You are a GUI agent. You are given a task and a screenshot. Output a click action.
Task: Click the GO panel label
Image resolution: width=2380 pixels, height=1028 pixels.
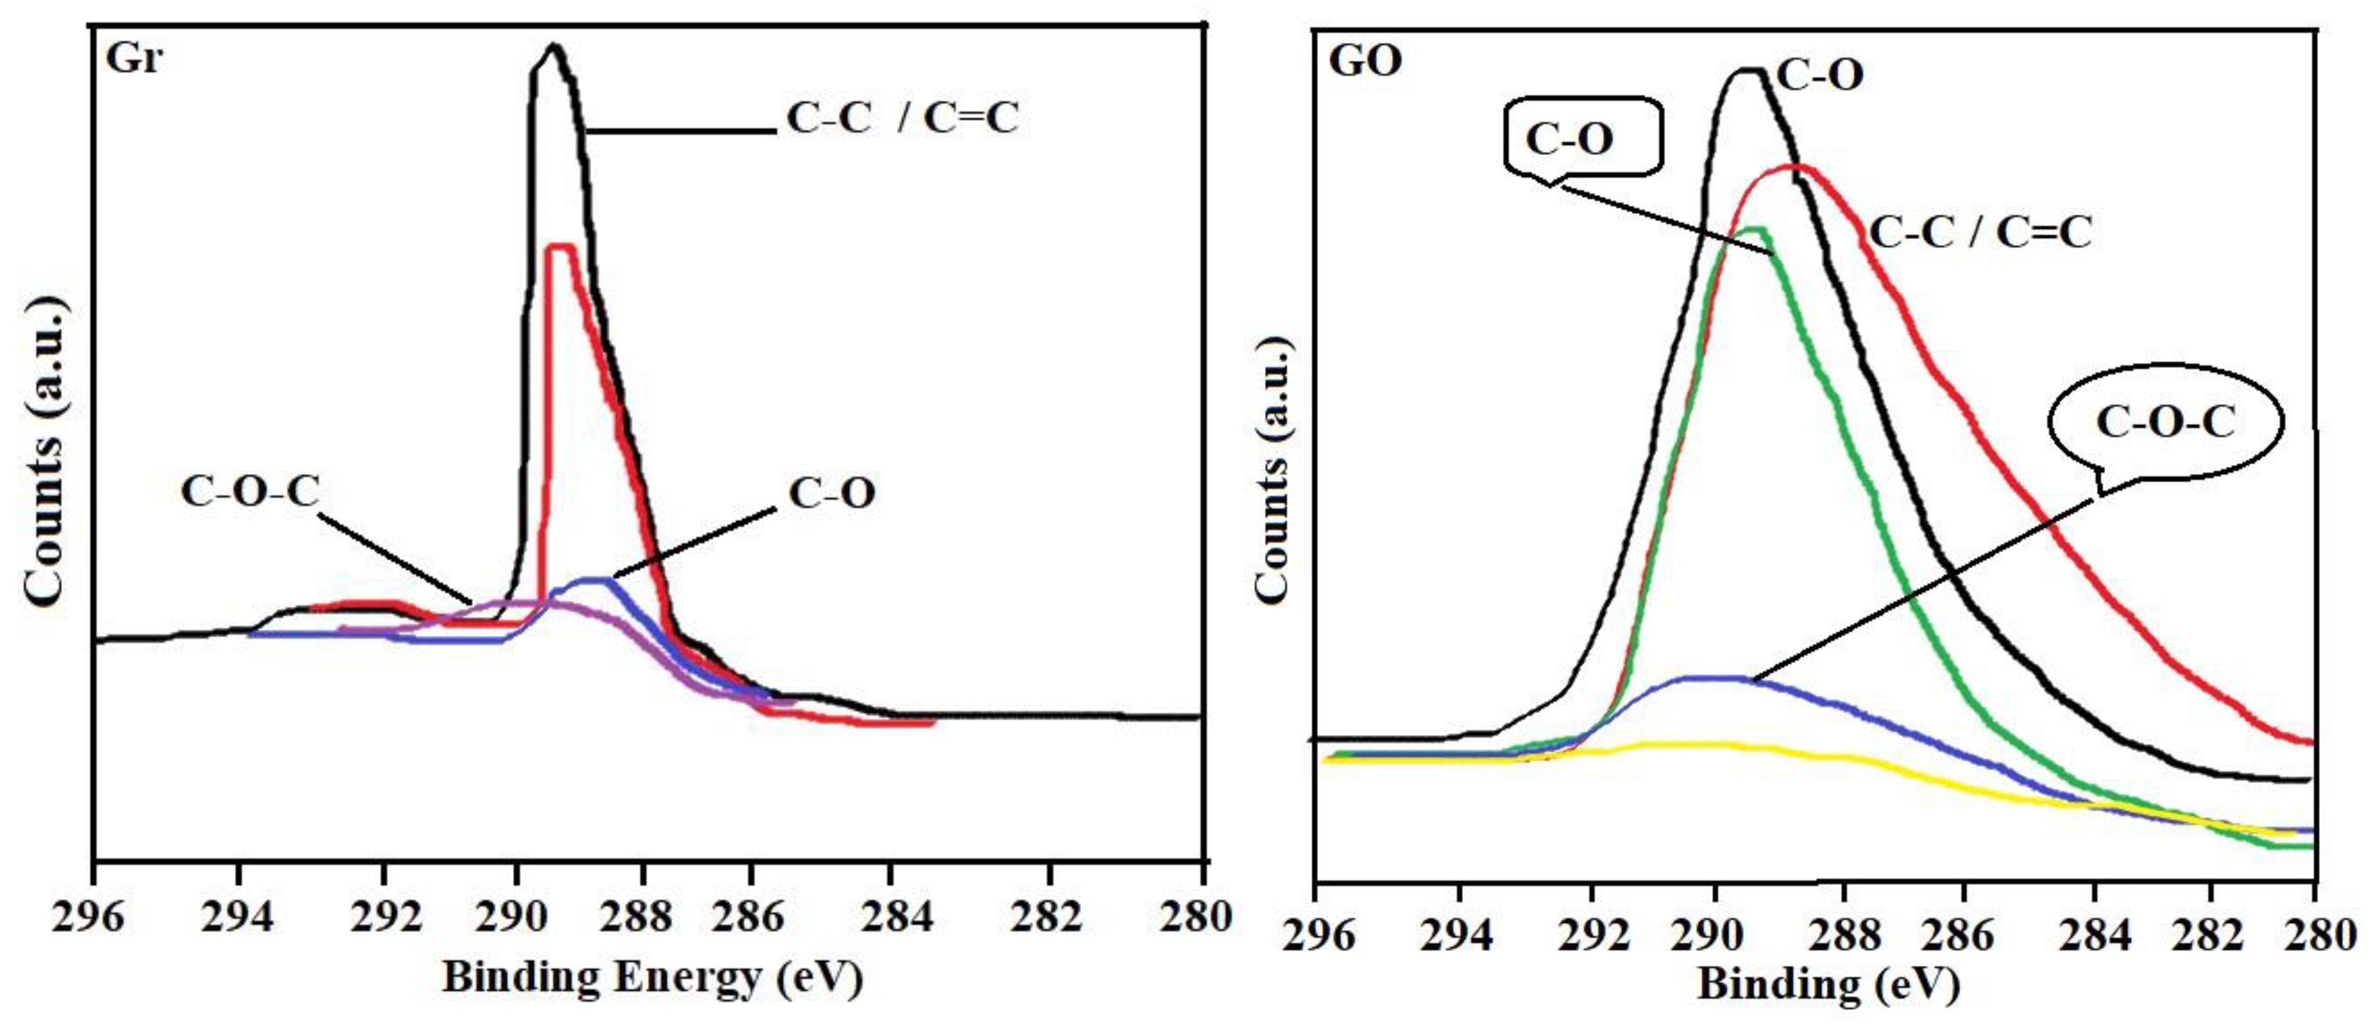click(x=1366, y=61)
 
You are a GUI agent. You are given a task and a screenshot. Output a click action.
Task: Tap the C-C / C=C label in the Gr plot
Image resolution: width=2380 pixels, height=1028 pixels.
click(x=902, y=118)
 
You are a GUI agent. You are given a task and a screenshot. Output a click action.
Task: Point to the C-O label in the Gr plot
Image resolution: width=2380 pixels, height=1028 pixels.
click(x=832, y=494)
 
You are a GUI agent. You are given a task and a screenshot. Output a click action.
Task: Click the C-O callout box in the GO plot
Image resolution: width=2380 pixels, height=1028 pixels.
click(x=1582, y=139)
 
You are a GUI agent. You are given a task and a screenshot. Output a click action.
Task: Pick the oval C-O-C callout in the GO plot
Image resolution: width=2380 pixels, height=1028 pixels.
click(x=2164, y=423)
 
